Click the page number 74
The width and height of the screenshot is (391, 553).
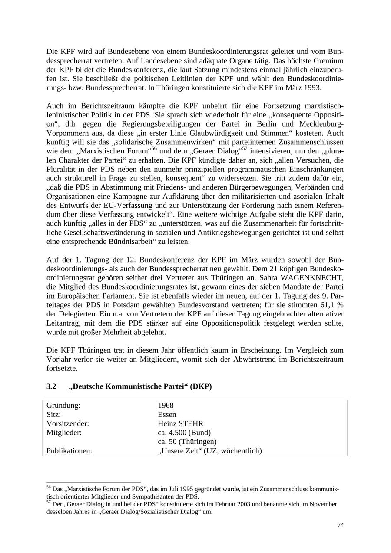click(x=340, y=525)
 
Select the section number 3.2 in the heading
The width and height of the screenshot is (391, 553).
click(x=51, y=386)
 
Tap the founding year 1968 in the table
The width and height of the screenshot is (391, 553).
click(x=166, y=406)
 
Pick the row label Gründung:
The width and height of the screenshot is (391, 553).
click(x=63, y=406)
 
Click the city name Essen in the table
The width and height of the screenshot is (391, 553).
click(x=167, y=415)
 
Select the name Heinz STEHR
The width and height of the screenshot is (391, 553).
click(x=180, y=423)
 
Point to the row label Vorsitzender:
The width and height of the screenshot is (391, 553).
click(x=68, y=423)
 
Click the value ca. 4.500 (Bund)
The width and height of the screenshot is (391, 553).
click(x=184, y=433)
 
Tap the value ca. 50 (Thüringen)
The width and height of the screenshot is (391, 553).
click(x=187, y=442)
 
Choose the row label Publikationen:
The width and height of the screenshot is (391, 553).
click(x=69, y=451)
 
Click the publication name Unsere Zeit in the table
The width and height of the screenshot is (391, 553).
click(x=182, y=451)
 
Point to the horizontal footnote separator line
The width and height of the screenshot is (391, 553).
click(x=93, y=482)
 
